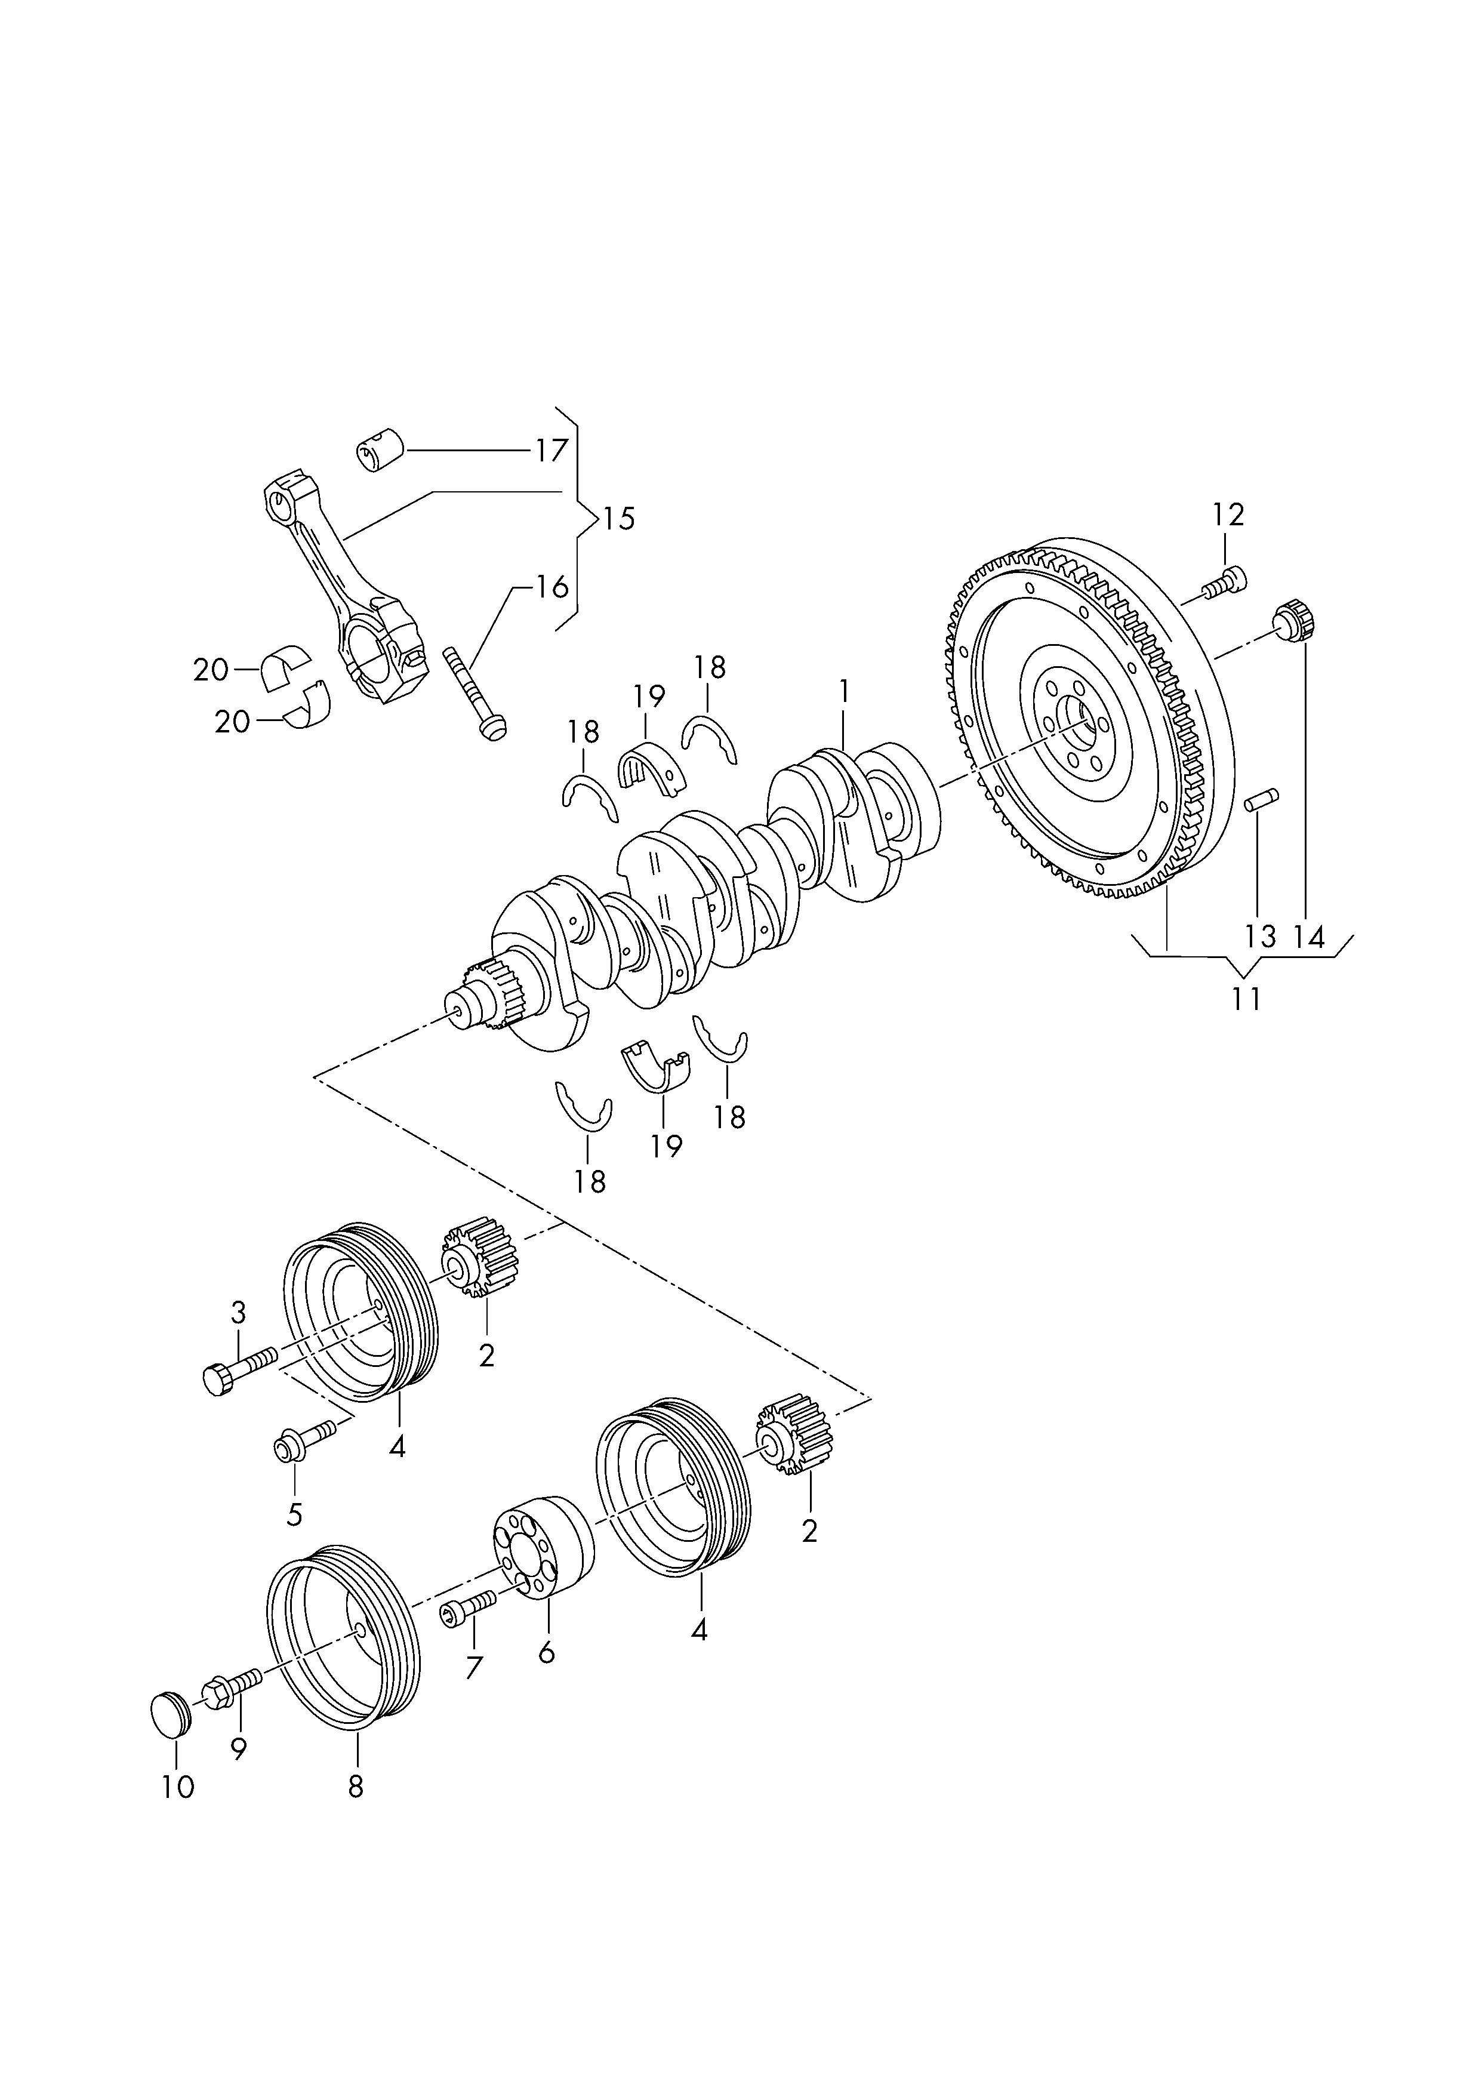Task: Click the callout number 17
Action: click(x=551, y=450)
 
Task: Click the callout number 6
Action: click(x=547, y=1652)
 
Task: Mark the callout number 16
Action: click(x=551, y=587)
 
